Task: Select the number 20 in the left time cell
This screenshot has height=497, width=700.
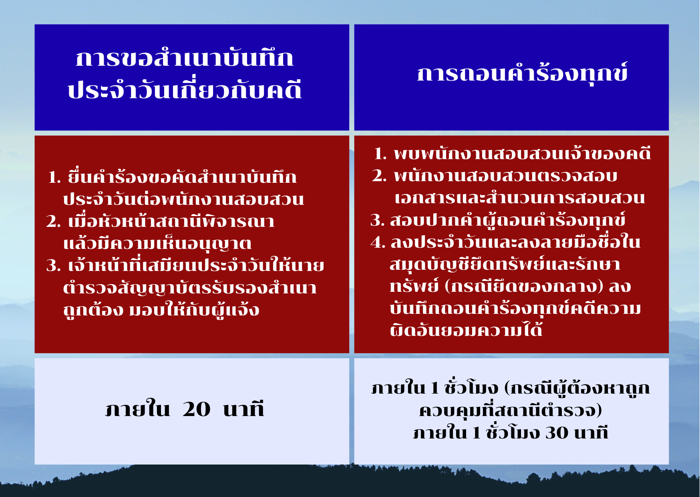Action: tap(196, 409)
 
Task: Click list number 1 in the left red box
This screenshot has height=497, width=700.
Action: tap(54, 177)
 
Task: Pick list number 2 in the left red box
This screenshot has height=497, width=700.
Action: tap(53, 221)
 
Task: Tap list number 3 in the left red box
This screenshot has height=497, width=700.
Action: tap(53, 266)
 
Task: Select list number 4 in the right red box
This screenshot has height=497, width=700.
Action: tap(378, 242)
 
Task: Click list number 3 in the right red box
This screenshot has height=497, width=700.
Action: tap(378, 220)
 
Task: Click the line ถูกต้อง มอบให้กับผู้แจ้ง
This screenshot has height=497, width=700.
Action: tap(161, 309)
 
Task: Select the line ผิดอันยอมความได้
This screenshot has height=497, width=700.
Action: tap(466, 330)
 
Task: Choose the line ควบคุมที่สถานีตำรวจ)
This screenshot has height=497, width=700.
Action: tap(511, 410)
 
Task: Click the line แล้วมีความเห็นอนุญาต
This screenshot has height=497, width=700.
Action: tap(157, 243)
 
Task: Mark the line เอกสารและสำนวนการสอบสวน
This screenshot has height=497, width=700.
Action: tap(520, 198)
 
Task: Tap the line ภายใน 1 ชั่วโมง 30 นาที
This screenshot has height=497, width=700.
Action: tap(511, 432)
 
